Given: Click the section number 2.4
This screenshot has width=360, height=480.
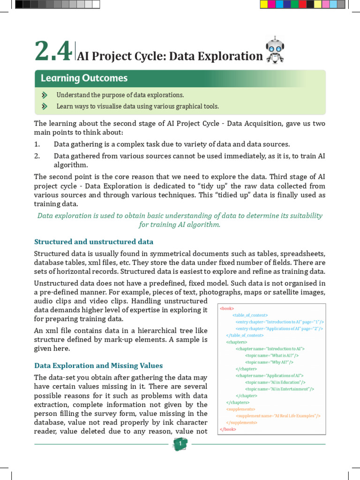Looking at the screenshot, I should click(x=52, y=51).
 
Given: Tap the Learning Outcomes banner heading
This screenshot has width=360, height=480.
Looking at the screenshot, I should click(x=84, y=78).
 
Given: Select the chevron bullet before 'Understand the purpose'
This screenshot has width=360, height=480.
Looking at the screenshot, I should click(x=45, y=95).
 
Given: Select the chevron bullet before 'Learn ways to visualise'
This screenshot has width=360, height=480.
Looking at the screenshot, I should click(x=45, y=106).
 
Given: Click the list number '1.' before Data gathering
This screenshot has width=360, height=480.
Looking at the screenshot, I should click(x=37, y=144).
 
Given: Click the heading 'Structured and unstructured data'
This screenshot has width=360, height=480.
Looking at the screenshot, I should click(x=94, y=242).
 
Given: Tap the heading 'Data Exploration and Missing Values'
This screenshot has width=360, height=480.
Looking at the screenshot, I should click(x=98, y=366).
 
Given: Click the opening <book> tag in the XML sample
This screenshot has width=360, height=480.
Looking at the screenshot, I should click(x=227, y=308).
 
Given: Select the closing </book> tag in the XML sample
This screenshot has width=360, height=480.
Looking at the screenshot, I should click(x=228, y=429).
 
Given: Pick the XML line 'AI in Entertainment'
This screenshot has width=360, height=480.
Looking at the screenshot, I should click(x=279, y=389).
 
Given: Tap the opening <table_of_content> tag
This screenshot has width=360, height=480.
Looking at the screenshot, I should click(x=250, y=315).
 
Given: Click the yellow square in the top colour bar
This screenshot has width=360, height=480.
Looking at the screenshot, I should click(x=263, y=5).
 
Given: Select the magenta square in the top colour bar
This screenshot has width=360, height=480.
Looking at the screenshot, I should click(x=271, y=5).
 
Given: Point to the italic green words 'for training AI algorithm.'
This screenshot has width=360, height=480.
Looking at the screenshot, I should click(x=180, y=225).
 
